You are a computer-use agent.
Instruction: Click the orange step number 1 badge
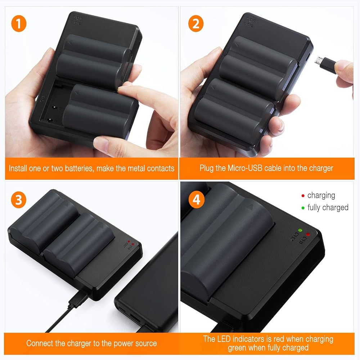coord(19,23)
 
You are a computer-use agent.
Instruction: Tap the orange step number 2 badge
coord(196,23)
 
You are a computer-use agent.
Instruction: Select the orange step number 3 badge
coord(19,200)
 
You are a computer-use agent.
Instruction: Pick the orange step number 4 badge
coord(196,200)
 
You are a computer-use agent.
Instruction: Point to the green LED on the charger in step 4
coord(300,230)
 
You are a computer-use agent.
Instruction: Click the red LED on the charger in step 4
coord(308,234)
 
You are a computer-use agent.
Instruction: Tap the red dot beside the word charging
coord(303,195)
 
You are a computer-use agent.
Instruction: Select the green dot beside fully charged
coord(303,208)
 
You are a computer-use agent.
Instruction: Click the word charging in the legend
coord(321,195)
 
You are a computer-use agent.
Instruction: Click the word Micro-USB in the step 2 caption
coord(245,168)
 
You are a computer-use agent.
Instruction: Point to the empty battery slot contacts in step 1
coord(52,114)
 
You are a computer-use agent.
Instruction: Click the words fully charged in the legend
coord(328,208)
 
